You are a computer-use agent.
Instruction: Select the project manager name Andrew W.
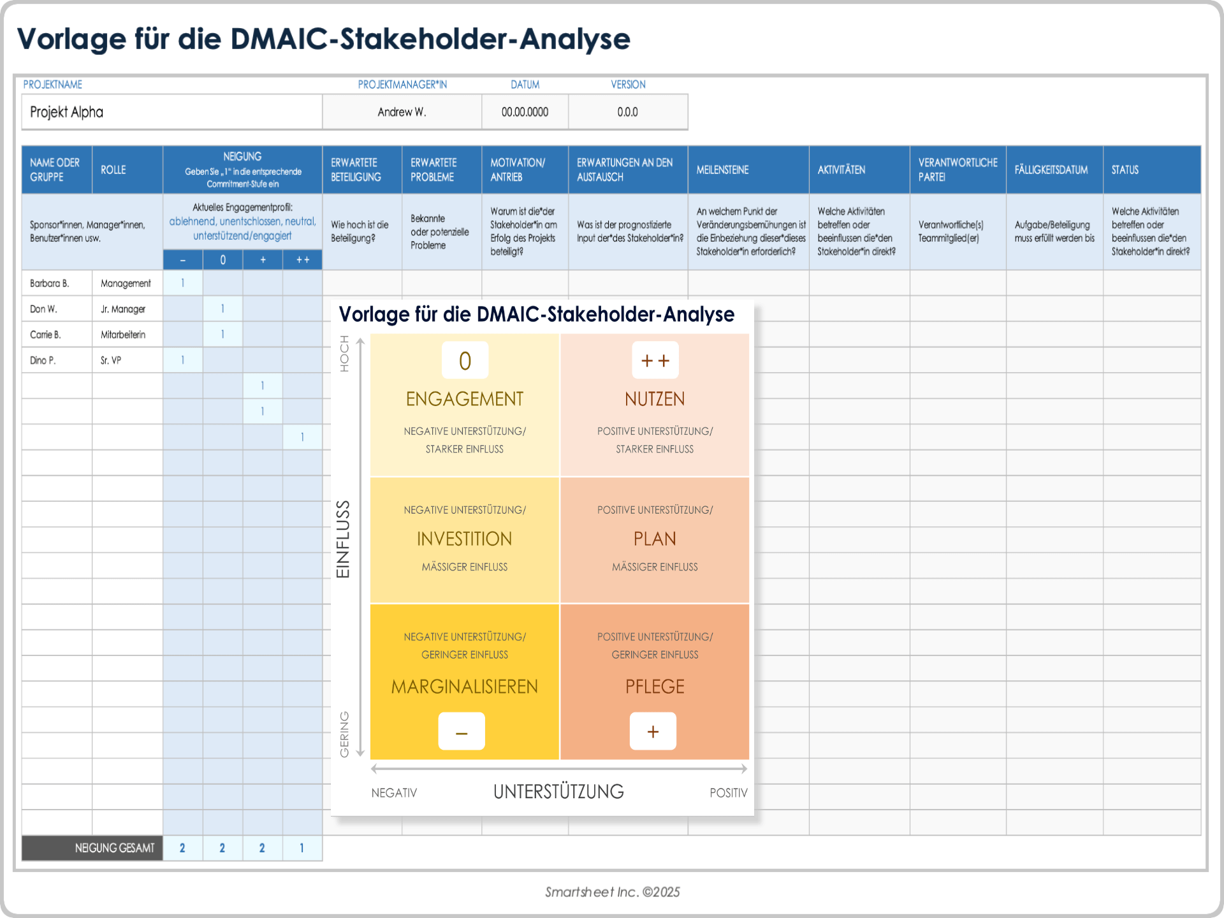402,112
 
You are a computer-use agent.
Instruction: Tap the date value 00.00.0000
525,112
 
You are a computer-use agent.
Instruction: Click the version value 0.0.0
627,112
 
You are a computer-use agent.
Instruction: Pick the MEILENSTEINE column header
722,170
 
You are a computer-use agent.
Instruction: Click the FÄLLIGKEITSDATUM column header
1051,170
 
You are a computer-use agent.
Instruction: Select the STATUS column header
1125,170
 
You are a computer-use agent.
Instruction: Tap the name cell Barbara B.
50,283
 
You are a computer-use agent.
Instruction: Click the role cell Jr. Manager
123,309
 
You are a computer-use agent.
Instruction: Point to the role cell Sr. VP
111,360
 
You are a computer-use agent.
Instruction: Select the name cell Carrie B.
45,335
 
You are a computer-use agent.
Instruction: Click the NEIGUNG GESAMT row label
115,848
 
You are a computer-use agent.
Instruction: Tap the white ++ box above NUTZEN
655,360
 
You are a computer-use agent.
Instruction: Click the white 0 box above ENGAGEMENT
465,360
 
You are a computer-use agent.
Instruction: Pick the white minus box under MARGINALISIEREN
462,731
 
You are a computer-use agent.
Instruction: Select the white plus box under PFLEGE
653,731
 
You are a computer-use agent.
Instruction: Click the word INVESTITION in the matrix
464,539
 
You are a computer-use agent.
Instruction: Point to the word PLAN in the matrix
655,539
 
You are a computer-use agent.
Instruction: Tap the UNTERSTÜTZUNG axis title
558,792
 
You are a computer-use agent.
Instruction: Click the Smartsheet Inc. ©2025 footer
612,892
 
